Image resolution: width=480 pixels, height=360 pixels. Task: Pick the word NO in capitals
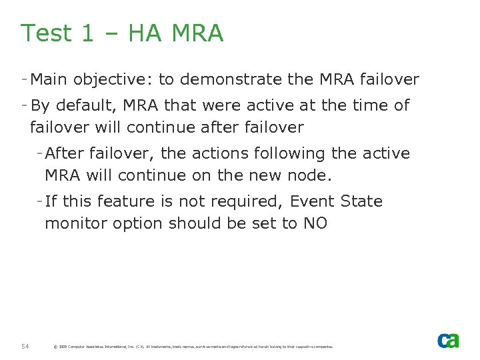(x=315, y=223)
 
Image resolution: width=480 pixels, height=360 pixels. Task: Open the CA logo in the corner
(x=448, y=341)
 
